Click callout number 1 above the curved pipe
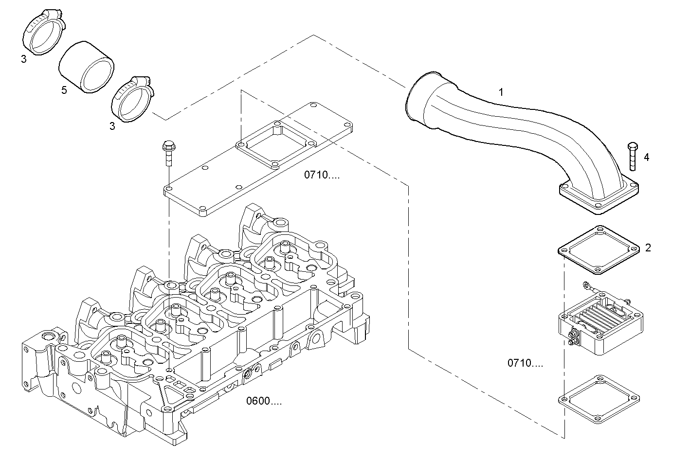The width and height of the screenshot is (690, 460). (x=501, y=91)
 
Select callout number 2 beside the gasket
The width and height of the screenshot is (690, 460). (x=648, y=248)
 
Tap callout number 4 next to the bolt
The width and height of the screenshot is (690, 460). (x=646, y=157)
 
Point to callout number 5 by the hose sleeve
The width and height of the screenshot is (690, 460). (x=64, y=90)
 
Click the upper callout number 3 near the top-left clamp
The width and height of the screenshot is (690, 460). (x=23, y=59)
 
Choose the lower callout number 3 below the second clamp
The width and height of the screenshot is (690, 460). (x=112, y=126)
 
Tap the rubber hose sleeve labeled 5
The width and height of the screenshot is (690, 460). (x=87, y=68)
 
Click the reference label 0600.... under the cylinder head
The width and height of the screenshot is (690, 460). (x=264, y=402)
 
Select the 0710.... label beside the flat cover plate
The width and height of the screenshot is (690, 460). (x=322, y=175)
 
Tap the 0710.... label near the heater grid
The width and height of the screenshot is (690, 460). (x=526, y=363)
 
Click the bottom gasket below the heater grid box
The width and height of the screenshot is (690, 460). (x=598, y=398)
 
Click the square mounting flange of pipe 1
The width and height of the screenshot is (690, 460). (x=599, y=197)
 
